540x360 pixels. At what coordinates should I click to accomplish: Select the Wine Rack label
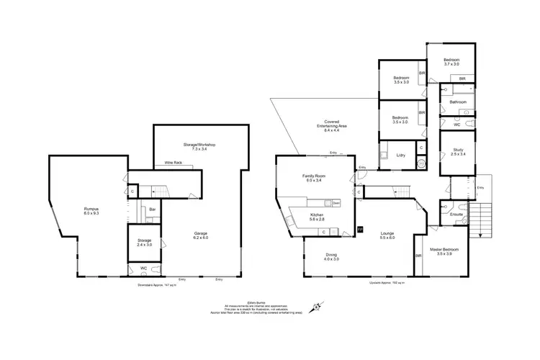coord(174,163)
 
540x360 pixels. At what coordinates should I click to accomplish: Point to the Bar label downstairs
coord(153,210)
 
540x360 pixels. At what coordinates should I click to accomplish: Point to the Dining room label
coord(330,256)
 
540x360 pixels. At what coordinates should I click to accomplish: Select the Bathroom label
coord(459,102)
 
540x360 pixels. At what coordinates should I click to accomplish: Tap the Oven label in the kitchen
coord(336,203)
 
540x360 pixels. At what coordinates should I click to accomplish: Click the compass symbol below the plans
coord(317,309)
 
